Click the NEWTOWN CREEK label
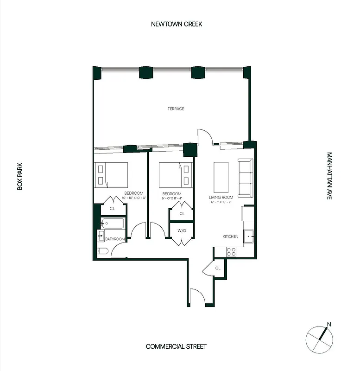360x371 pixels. coord(177,24)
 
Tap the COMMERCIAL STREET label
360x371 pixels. coord(176,346)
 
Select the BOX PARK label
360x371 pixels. coord(20,176)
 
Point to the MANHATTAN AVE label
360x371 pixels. coord(329,176)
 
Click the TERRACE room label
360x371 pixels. coord(176,109)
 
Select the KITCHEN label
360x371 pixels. coord(230,237)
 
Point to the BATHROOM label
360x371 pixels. coord(115,239)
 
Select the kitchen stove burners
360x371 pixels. coord(230,252)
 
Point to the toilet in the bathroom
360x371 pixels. coord(103,251)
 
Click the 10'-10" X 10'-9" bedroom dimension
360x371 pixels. coord(134,198)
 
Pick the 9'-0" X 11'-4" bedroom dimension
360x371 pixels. coord(171,198)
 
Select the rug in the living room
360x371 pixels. coord(221,177)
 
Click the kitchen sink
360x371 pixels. coord(249,236)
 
